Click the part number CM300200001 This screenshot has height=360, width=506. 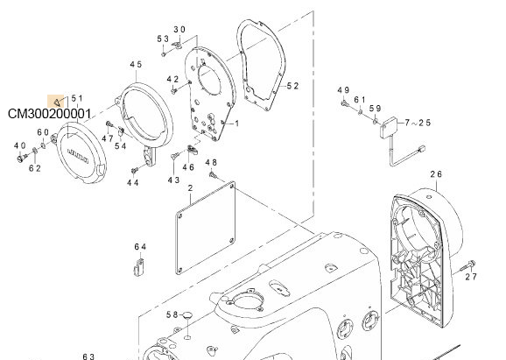[x=49, y=114]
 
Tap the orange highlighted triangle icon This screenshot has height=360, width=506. [x=58, y=102]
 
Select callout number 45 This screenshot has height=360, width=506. [x=136, y=64]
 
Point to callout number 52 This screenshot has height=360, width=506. [x=292, y=86]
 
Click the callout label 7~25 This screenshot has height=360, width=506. [x=418, y=123]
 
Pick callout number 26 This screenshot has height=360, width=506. [x=436, y=174]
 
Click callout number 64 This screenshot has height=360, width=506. [x=140, y=247]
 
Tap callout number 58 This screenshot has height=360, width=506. [x=172, y=314]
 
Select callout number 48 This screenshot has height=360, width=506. [x=211, y=163]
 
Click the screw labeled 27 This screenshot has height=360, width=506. [x=467, y=265]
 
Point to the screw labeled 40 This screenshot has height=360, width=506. [x=22, y=158]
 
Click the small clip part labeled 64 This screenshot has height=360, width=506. [x=139, y=267]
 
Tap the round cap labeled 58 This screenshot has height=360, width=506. [x=187, y=314]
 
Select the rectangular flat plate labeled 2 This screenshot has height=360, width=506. [x=205, y=228]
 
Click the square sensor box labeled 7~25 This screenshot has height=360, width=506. [x=390, y=127]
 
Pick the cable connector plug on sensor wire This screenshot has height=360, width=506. [x=421, y=149]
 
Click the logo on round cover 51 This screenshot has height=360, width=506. [x=78, y=156]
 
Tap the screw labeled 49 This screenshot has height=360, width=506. [x=345, y=103]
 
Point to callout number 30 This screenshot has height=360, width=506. [x=179, y=30]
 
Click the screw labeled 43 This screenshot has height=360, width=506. [x=174, y=156]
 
